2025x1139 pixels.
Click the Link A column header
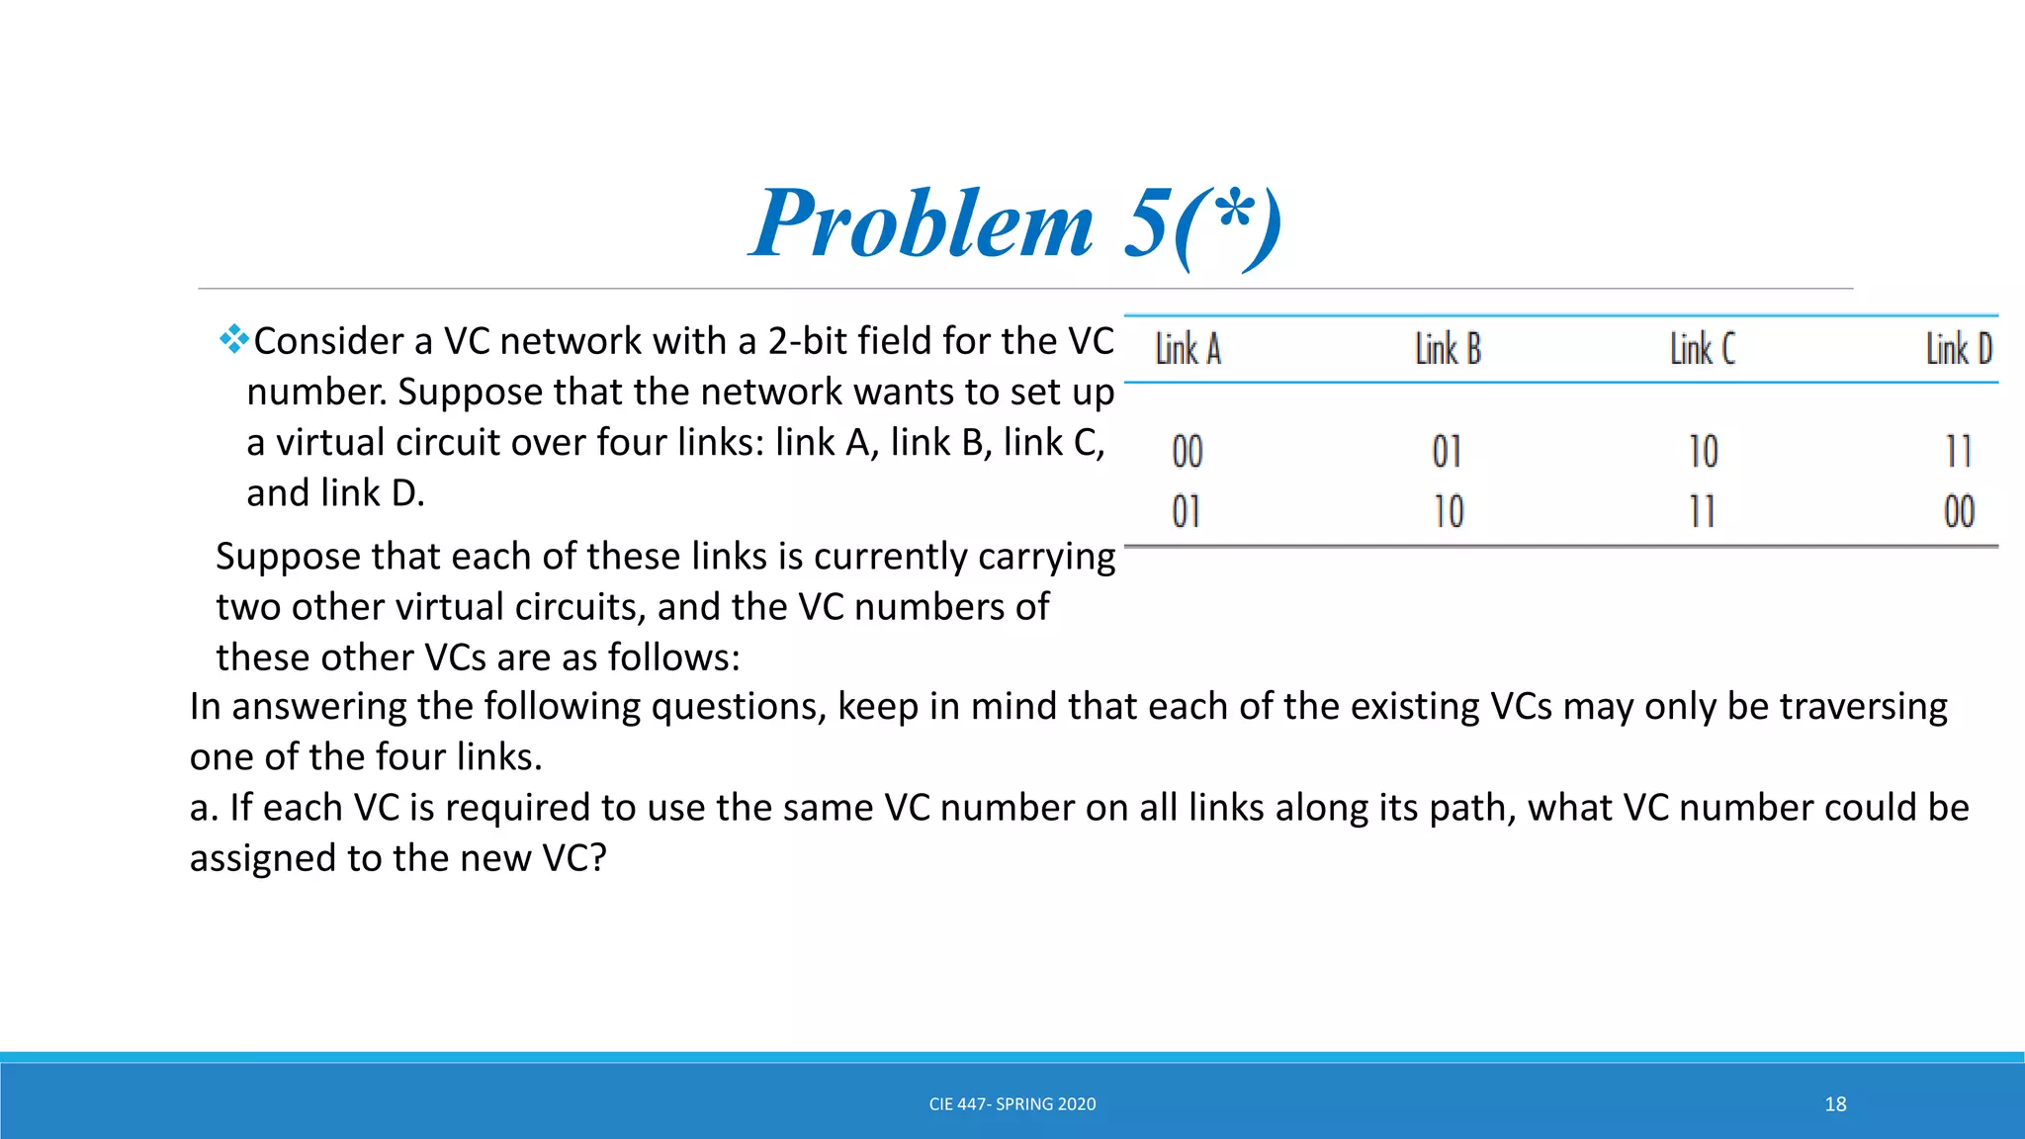[x=1189, y=350]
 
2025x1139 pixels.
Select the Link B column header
[x=1448, y=350]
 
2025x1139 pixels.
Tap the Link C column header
[x=1703, y=350]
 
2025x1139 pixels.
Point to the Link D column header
[x=1959, y=350]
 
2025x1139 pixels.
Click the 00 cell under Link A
[x=1188, y=453]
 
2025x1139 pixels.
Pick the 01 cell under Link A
[x=1187, y=512]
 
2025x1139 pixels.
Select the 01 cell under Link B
[x=1447, y=453]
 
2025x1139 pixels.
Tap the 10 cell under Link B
[x=1449, y=512]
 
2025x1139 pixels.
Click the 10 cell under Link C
[x=1704, y=453]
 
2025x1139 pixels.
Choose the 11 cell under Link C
[x=1702, y=512]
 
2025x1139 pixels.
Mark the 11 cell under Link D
[x=1959, y=453]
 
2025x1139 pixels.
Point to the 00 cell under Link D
[x=1959, y=512]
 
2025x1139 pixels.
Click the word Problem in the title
[x=922, y=224]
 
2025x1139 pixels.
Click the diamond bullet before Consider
[x=233, y=339]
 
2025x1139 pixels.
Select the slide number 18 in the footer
[x=1835, y=1104]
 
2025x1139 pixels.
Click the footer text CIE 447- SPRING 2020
[x=1012, y=1104]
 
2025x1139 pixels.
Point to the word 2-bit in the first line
[x=806, y=341]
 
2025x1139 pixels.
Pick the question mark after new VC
[x=597, y=858]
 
